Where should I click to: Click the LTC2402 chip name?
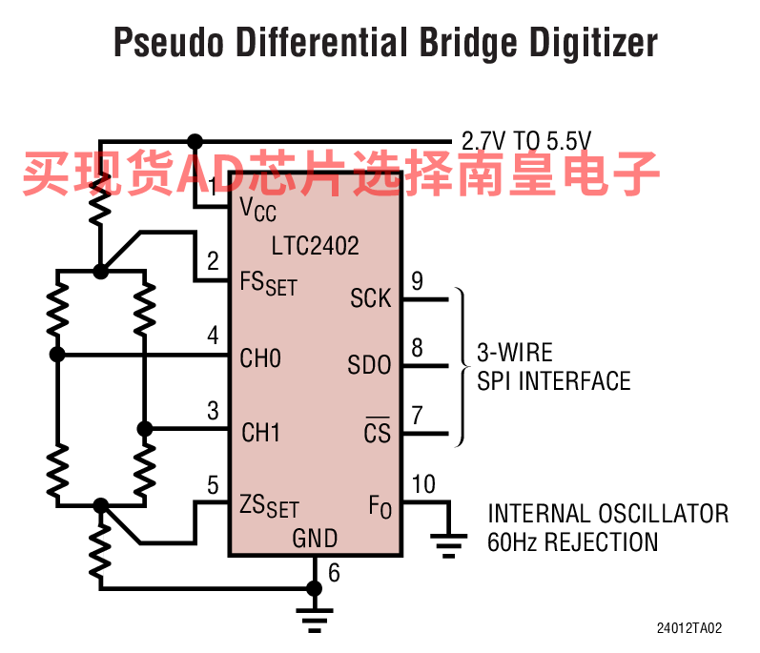315,246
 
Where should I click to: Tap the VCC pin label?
257,210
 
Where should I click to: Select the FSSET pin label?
269,283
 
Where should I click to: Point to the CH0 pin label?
260,358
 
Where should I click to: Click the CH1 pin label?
260,433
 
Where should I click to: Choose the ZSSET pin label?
269,506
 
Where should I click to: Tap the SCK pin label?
370,298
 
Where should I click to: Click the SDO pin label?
369,365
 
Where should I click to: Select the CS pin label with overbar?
377,431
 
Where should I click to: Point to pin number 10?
423,484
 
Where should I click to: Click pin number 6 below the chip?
334,573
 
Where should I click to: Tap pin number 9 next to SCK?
417,280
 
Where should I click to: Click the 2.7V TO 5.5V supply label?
526,141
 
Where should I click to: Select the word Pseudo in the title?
169,43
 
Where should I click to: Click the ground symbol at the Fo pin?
449,545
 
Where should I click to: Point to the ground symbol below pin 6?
315,620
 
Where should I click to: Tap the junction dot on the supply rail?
195,142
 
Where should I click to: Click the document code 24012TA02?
689,628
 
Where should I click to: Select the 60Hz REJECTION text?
573,542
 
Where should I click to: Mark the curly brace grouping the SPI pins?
462,367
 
